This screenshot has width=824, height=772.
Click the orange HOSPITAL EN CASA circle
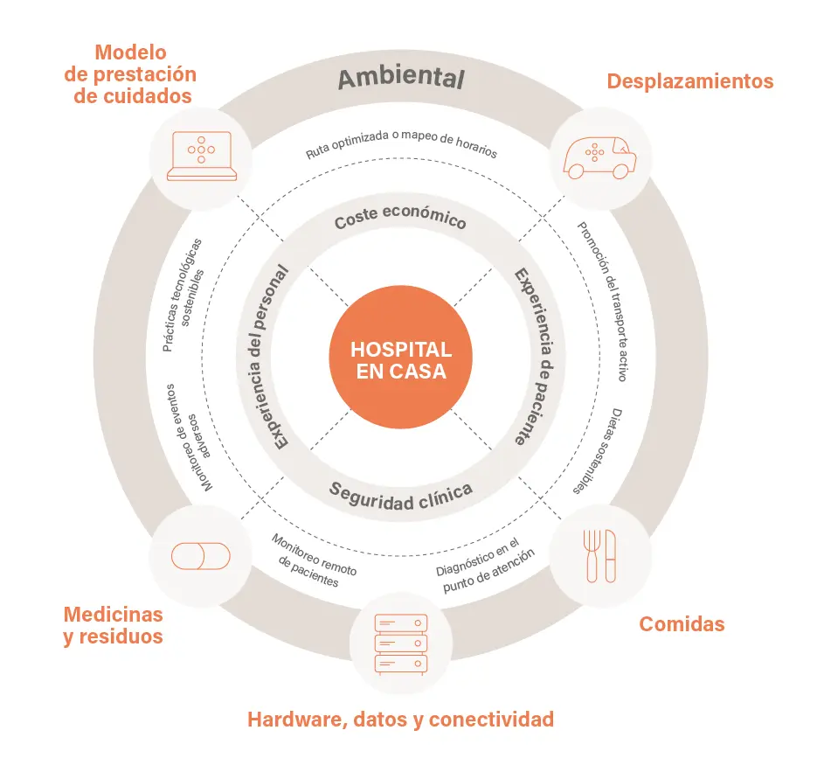(x=401, y=360)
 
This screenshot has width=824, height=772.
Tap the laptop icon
(x=202, y=156)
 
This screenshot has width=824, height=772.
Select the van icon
(x=599, y=157)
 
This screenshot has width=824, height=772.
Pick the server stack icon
(x=402, y=643)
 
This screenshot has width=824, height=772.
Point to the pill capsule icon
(x=200, y=556)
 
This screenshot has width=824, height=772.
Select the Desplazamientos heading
(x=690, y=81)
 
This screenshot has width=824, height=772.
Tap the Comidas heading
(x=682, y=624)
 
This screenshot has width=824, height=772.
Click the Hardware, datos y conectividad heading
(x=401, y=720)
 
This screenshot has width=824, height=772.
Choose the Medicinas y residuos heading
(x=113, y=624)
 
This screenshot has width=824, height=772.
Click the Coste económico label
(x=400, y=219)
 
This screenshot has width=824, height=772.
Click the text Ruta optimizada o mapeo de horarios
(x=401, y=144)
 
